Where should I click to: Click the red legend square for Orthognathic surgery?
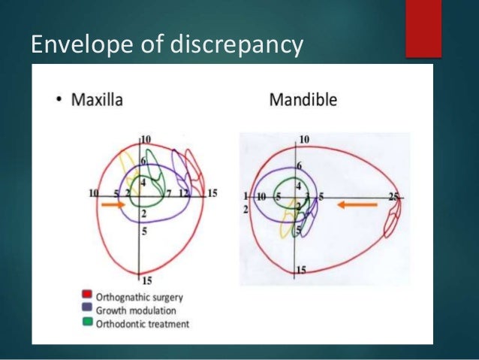click(x=89, y=296)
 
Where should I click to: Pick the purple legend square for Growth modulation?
click(x=89, y=310)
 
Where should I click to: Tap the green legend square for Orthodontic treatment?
click(x=89, y=324)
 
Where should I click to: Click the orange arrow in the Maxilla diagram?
click(x=113, y=204)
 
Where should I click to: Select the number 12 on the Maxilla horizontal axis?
click(x=184, y=194)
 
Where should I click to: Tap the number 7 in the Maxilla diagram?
click(x=169, y=194)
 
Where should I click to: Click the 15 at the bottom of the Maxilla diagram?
click(x=146, y=280)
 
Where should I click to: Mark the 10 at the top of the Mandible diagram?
click(x=304, y=140)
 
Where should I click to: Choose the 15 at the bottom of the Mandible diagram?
click(x=301, y=269)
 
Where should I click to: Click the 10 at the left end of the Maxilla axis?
click(x=94, y=193)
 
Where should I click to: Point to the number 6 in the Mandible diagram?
click(x=300, y=165)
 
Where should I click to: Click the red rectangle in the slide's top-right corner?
click(x=423, y=28)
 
